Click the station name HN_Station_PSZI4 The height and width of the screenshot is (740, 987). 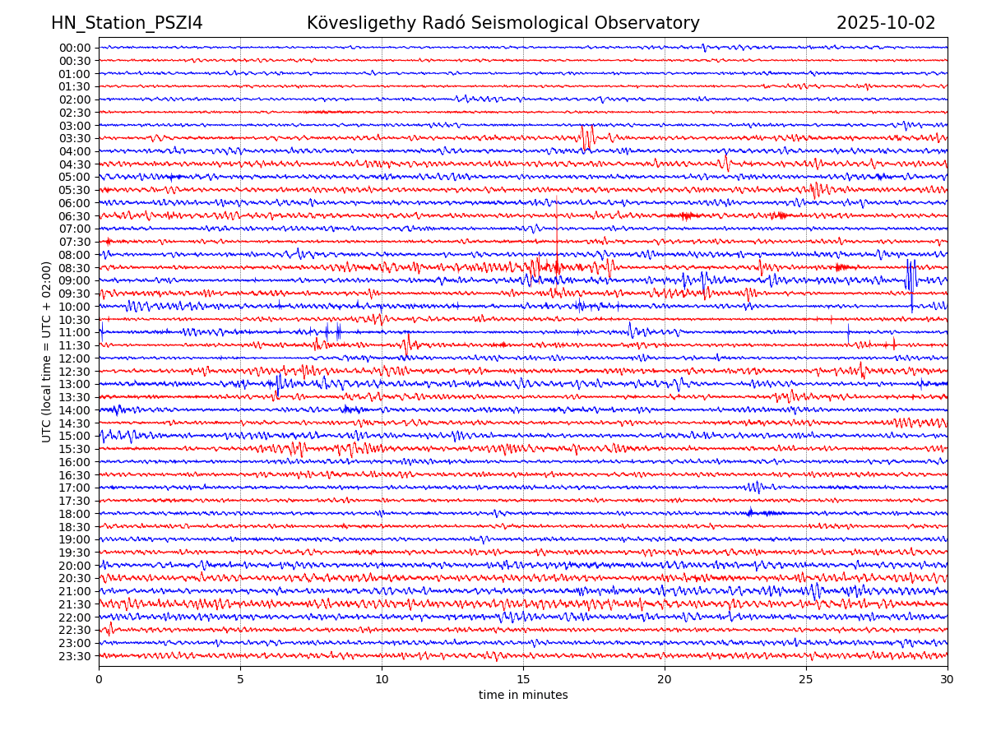(127, 23)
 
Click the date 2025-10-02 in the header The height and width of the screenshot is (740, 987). (886, 23)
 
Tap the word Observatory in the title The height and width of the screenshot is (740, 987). (654, 23)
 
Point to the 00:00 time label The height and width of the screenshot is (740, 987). (75, 48)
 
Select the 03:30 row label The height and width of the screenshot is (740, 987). (75, 138)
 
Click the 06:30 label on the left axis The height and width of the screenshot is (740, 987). (75, 216)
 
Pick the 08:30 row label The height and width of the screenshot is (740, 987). (75, 268)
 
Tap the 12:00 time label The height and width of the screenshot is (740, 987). (75, 358)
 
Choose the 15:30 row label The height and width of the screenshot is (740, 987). (75, 449)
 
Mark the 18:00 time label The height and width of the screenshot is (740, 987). (75, 514)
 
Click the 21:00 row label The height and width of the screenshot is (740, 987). (75, 591)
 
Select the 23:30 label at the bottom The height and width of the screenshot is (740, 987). (75, 656)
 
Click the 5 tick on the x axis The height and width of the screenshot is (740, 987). (240, 680)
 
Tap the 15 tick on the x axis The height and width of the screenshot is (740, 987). (523, 680)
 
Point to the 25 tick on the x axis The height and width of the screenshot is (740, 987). (806, 680)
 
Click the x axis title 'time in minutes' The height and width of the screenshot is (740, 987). (523, 696)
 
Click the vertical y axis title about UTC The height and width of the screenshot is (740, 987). (47, 352)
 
